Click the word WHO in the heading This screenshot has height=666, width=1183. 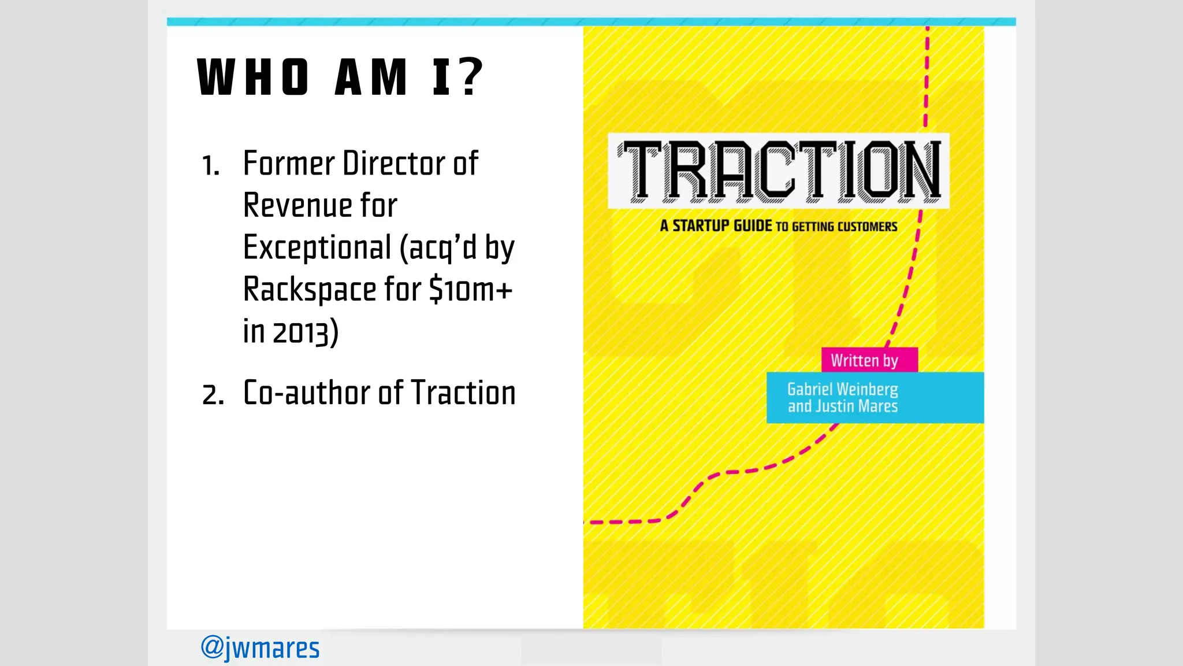coord(253,77)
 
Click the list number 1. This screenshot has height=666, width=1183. coord(210,166)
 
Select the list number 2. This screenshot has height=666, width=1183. coord(213,395)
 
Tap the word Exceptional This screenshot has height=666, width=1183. coord(317,248)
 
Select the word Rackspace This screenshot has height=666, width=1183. coord(310,290)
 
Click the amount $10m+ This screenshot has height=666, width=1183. coord(471,290)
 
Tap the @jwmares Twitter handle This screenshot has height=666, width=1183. coord(260,648)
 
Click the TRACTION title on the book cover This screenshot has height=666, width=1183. coord(779,171)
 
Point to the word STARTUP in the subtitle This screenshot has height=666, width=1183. coord(721,225)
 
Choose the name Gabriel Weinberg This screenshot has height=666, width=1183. coord(842,389)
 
